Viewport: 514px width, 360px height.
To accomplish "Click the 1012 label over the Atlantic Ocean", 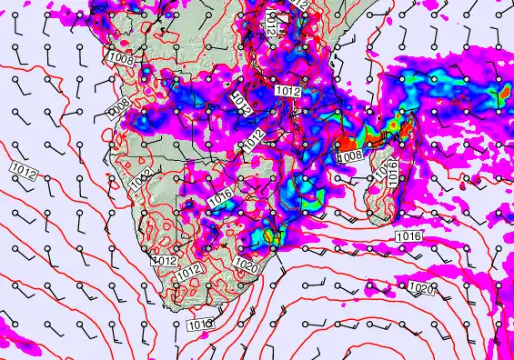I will (24, 169).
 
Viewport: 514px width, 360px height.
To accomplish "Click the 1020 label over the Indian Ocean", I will (420, 288).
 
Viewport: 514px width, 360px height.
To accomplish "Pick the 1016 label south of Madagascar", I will (408, 236).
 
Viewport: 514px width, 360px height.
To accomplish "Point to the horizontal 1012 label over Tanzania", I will (287, 91).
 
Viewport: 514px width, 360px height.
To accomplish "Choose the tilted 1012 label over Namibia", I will (140, 181).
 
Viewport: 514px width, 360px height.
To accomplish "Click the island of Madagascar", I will (387, 168).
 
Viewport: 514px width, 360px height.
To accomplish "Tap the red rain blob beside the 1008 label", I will (346, 144).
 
